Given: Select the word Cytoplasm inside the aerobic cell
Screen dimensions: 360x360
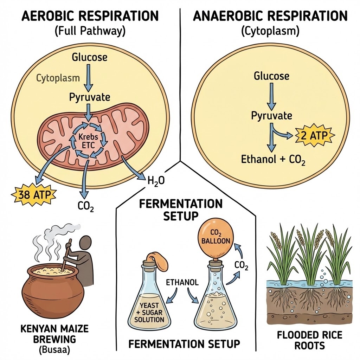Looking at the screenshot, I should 58,78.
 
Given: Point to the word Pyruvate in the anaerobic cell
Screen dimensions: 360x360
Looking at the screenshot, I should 272,115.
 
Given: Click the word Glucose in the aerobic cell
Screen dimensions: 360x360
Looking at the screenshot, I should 89,57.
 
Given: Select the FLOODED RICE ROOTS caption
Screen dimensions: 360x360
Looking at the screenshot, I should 309,340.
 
